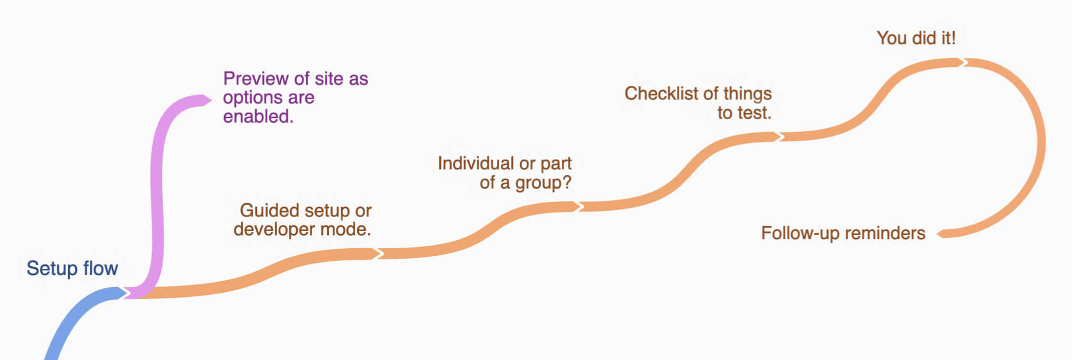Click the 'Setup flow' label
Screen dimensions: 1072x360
coord(72,269)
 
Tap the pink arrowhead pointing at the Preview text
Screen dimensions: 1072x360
coord(206,100)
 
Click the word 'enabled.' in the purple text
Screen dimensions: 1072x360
coord(258,116)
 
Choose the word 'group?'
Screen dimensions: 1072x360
coord(543,183)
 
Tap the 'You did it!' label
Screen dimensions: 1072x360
coord(916,38)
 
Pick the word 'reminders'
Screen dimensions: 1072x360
coord(881,233)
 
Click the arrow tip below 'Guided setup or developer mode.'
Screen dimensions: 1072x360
coord(383,253)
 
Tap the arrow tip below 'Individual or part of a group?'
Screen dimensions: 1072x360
coord(583,206)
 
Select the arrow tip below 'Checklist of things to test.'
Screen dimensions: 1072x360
coord(784,137)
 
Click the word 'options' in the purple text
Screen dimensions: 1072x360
coord(253,98)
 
